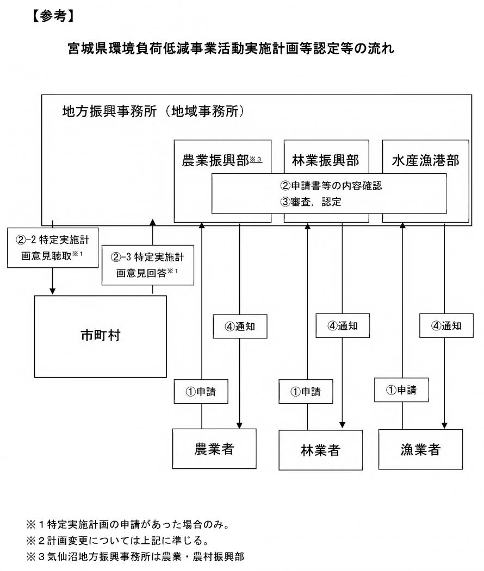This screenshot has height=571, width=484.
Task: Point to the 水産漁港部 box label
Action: click(426, 161)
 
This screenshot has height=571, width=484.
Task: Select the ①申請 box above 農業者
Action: click(201, 391)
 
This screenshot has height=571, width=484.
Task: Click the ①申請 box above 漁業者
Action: click(402, 390)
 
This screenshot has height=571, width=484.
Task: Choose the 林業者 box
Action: click(320, 450)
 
